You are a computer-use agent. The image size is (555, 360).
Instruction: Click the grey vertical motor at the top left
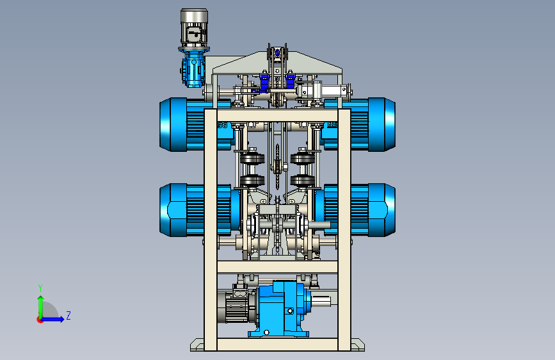pos(194,28)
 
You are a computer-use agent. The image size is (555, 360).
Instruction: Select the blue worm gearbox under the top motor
pos(193,69)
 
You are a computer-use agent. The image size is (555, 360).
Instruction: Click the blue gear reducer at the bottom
pos(280,308)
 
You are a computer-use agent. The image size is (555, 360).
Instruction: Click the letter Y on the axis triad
pos(40,288)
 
